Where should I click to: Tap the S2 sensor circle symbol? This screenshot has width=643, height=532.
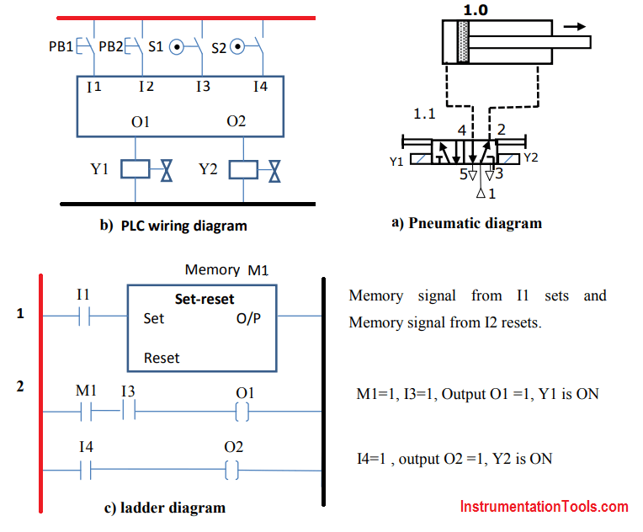[237, 47]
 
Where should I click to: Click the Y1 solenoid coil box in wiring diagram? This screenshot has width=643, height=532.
[135, 169]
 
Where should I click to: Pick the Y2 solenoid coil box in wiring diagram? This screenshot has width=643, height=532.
[242, 169]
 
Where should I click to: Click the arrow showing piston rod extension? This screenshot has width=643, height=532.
[575, 26]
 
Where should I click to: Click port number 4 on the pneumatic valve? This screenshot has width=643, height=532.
[461, 130]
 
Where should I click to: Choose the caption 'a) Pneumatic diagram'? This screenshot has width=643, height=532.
[466, 223]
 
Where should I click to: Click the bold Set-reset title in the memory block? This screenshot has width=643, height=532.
[205, 299]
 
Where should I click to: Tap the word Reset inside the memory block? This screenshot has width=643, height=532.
[162, 358]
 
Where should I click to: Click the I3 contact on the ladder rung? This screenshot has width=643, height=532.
[128, 412]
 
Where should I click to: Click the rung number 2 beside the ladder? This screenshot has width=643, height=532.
[20, 386]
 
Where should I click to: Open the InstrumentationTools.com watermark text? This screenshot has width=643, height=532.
[544, 507]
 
